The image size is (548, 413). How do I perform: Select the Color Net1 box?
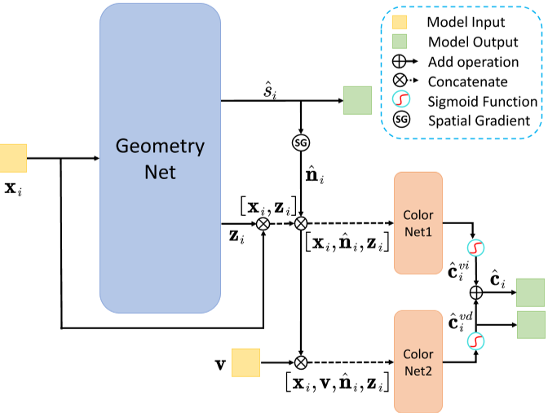pyautogui.click(x=418, y=222)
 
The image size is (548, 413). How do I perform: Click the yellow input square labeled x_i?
pyautogui.click(x=13, y=158)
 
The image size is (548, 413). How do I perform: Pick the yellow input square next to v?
pyautogui.click(x=245, y=362)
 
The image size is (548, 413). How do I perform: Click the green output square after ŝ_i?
pyautogui.click(x=357, y=101)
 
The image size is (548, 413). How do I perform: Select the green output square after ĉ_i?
pyautogui.click(x=530, y=292)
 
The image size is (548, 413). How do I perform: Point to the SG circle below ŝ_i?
pyautogui.click(x=301, y=143)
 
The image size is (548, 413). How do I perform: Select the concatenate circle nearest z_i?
pyautogui.click(x=263, y=222)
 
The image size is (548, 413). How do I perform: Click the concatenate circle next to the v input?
pyautogui.click(x=301, y=362)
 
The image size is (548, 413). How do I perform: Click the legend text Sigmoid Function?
pyautogui.click(x=483, y=102)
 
